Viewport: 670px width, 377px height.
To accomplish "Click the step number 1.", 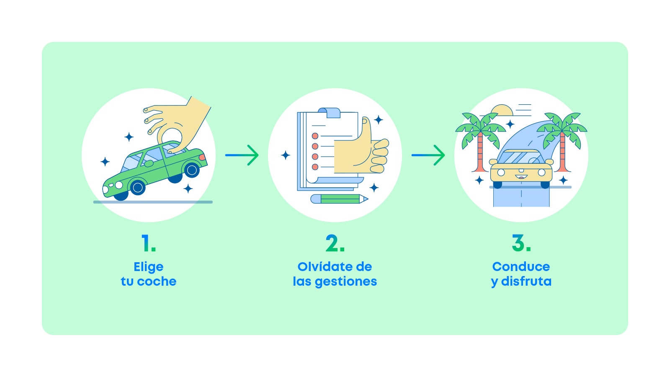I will coord(148,243).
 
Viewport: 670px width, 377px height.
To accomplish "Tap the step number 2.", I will coord(335,243).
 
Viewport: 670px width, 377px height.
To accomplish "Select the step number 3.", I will coord(521,243).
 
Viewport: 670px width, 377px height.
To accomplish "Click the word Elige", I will coord(148,267).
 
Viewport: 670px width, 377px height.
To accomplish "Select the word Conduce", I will coord(521,267).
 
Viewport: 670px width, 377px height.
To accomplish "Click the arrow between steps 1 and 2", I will coord(242,155).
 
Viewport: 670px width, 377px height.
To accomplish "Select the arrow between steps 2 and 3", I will coord(428,155).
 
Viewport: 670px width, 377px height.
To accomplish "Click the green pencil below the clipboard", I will coord(339,199).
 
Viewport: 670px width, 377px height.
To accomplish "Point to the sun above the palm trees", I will coord(502,111).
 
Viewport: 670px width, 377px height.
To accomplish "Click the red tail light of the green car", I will coord(202,158).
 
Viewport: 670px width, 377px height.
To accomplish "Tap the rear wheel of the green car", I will coord(192,170).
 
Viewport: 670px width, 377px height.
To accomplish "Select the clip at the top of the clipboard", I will coord(329,112).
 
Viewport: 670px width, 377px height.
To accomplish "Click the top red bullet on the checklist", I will coord(315,136).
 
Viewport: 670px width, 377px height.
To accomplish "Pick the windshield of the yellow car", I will coord(521,158).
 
